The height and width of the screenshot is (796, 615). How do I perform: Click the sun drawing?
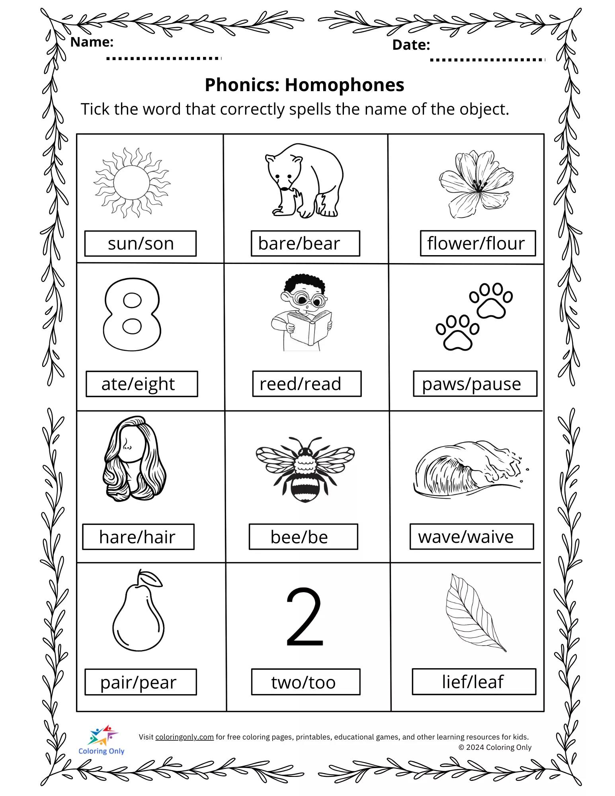click(x=132, y=183)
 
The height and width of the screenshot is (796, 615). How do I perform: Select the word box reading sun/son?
click(x=141, y=244)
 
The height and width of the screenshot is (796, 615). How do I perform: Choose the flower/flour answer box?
click(x=478, y=244)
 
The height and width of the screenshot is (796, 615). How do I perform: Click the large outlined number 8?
click(x=132, y=314)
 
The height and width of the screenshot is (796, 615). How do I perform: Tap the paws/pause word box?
click(x=475, y=384)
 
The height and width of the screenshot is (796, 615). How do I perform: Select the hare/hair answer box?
click(x=138, y=537)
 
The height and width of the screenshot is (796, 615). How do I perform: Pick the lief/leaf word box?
click(x=474, y=682)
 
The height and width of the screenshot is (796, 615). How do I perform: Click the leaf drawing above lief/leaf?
click(x=474, y=613)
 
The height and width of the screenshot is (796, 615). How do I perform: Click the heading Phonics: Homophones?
click(x=305, y=85)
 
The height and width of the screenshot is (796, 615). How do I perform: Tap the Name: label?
click(x=92, y=42)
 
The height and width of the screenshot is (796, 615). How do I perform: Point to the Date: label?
click(x=411, y=45)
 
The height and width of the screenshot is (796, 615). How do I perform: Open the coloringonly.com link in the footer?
click(x=184, y=737)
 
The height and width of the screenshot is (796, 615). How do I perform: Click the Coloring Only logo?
click(x=102, y=740)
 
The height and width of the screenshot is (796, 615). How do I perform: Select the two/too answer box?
click(x=305, y=682)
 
